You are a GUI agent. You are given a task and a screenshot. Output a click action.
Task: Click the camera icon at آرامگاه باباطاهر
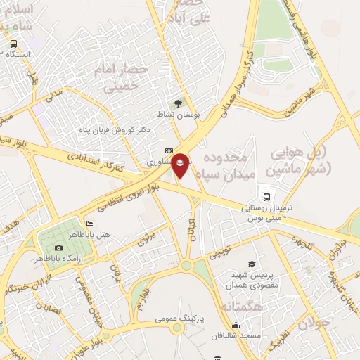(58, 247)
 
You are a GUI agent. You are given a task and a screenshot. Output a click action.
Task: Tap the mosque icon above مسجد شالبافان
(236, 325)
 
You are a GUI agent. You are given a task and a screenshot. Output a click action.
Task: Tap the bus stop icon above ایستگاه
(13, 44)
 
